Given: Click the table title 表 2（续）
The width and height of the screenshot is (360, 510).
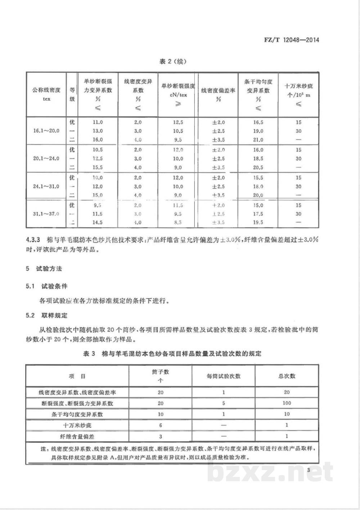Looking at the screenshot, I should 173,62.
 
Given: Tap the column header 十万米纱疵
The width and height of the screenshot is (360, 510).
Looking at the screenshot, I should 298,86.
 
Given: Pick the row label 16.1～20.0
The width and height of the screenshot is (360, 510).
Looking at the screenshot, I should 46,131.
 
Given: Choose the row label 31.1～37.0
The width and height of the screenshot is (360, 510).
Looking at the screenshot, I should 46,214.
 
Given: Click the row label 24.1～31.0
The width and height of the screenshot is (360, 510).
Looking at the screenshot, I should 46,186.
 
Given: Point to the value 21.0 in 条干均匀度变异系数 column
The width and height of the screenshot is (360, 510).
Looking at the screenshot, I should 258,140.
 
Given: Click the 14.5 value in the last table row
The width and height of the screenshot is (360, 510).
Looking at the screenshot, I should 97,223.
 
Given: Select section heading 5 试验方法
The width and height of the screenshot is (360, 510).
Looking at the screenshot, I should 44,269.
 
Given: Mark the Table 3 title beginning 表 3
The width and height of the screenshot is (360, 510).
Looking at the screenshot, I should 172,354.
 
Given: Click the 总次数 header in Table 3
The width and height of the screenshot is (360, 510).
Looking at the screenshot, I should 287,376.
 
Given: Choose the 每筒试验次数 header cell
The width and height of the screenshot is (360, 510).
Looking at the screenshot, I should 223,376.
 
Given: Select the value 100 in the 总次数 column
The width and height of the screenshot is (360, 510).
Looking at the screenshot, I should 287,403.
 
